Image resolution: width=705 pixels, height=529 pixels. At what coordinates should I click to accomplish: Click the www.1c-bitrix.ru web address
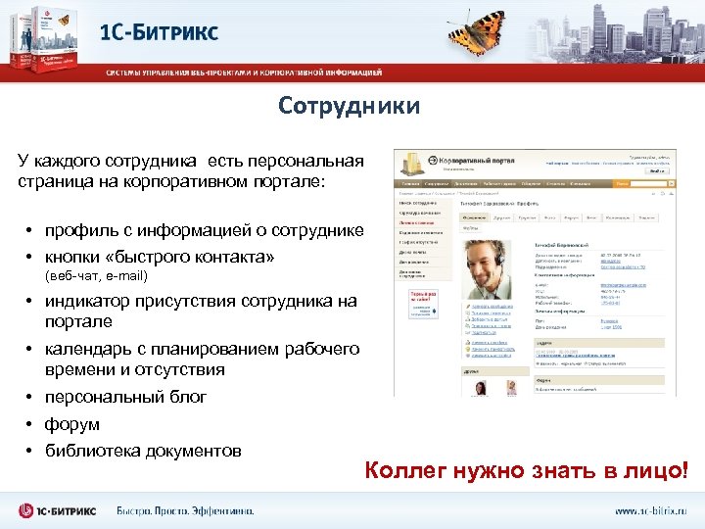click(x=650, y=510)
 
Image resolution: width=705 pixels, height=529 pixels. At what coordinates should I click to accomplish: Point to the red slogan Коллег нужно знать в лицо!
click(x=526, y=471)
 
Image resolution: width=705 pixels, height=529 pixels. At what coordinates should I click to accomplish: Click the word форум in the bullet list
click(x=71, y=425)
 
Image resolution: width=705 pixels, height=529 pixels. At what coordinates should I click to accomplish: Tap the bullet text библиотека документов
click(x=143, y=451)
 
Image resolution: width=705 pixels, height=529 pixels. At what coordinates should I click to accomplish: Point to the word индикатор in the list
click(x=88, y=302)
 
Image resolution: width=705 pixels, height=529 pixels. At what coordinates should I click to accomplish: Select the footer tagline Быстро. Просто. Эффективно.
click(x=186, y=510)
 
